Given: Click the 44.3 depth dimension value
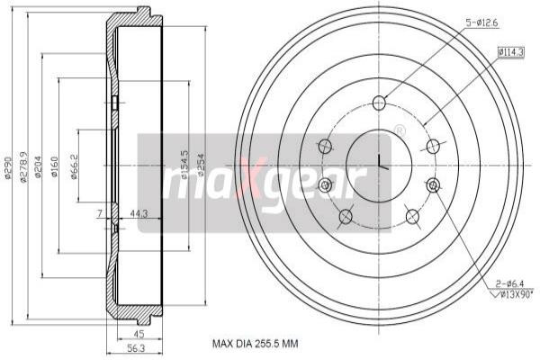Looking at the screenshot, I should click(139, 213).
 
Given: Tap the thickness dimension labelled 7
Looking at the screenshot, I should click(100, 213).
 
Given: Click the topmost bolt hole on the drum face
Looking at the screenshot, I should click(379, 101).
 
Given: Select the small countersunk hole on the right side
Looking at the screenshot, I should click(435, 184).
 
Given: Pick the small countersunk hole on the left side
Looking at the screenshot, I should click(325, 184).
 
